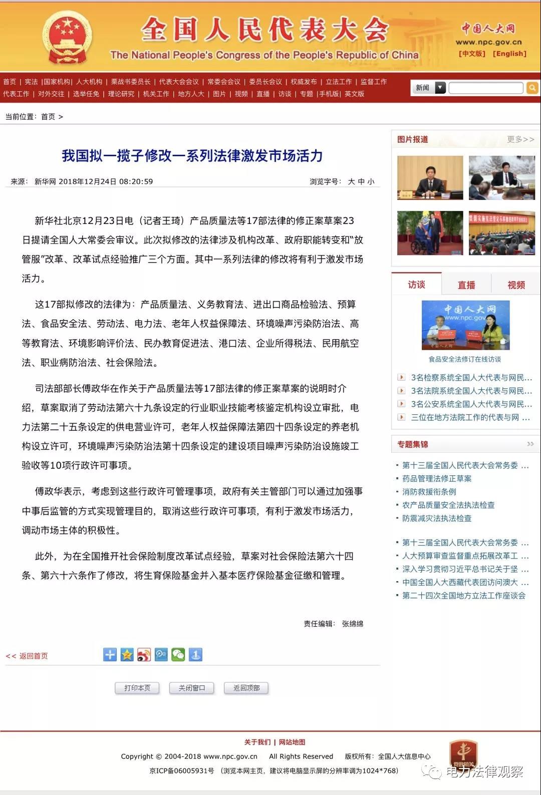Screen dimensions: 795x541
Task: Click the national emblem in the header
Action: click(67, 37)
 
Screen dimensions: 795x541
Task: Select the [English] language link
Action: click(509, 54)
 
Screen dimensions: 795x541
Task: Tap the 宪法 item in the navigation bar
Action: click(31, 82)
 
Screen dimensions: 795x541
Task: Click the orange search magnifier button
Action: click(532, 88)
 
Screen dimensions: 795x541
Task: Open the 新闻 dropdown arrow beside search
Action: click(440, 88)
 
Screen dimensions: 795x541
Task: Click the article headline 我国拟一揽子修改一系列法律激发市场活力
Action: click(192, 156)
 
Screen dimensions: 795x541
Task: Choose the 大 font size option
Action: click(351, 181)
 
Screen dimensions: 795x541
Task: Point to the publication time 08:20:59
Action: click(136, 181)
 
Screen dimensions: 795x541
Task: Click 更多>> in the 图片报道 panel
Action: click(520, 139)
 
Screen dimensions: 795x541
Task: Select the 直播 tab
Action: click(466, 285)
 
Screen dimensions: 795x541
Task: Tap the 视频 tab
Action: click(516, 285)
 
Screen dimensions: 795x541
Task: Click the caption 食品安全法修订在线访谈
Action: click(464, 359)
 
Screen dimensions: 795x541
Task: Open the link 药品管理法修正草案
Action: click(437, 478)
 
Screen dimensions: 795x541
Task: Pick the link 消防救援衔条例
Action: click(429, 492)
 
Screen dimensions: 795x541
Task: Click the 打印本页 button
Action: click(137, 688)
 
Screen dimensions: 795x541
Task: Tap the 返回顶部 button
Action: click(246, 688)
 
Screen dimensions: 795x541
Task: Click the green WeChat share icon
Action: click(178, 654)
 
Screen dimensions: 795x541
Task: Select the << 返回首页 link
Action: click(27, 656)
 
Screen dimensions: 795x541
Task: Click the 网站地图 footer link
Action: click(292, 742)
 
